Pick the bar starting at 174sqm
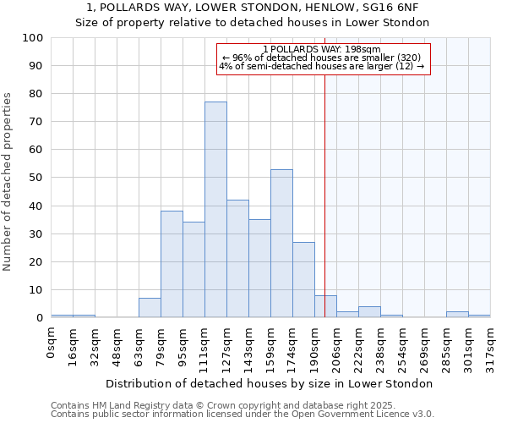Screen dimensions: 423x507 tap(303, 280)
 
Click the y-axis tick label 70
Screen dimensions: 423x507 tap(34, 122)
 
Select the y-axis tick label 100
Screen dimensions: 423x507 tap(31, 38)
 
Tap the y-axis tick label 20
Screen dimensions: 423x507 tap(34, 262)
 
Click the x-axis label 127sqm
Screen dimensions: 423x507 tap(226, 345)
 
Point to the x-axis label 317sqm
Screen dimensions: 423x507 tap(490, 345)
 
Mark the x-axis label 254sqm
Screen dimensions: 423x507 tap(402, 345)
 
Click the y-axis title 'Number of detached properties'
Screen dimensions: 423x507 tap(8, 182)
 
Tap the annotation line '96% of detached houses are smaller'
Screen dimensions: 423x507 tap(324, 58)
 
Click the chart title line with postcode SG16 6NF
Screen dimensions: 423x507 tap(253, 8)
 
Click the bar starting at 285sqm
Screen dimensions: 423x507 tap(457, 315)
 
